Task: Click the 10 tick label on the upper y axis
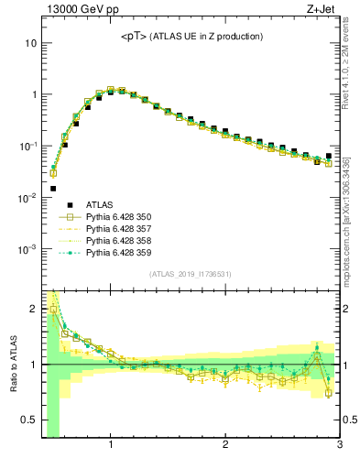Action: pyautogui.click(x=30, y=43)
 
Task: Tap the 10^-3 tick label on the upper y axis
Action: pyautogui.click(x=28, y=249)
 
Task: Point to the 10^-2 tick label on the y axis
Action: pyautogui.click(x=28, y=198)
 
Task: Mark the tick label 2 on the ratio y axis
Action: pyautogui.click(x=33, y=309)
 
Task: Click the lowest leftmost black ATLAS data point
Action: pyautogui.click(x=53, y=189)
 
